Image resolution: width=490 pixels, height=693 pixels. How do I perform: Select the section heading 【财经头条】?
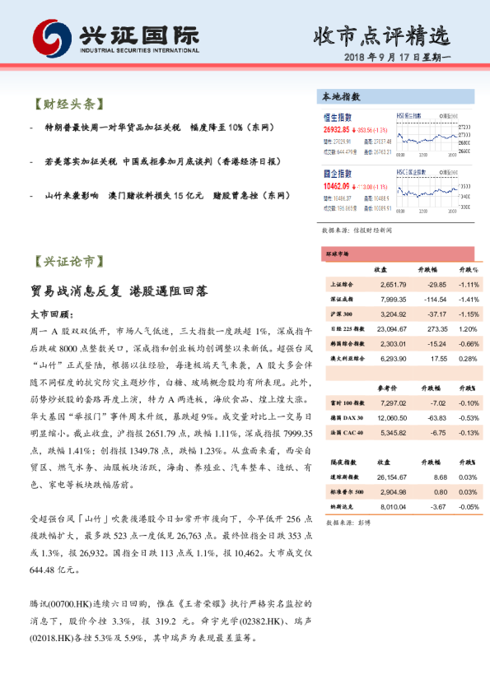68,105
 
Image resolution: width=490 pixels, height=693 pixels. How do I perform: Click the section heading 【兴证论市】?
68,262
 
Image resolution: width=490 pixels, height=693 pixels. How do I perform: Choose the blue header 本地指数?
338,98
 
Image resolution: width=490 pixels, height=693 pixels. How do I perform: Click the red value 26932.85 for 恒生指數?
336,130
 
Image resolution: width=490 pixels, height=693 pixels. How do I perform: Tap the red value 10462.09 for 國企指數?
336,187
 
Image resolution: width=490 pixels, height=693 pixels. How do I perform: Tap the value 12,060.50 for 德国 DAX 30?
390,417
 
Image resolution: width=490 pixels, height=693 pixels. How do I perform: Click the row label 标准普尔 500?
344,491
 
